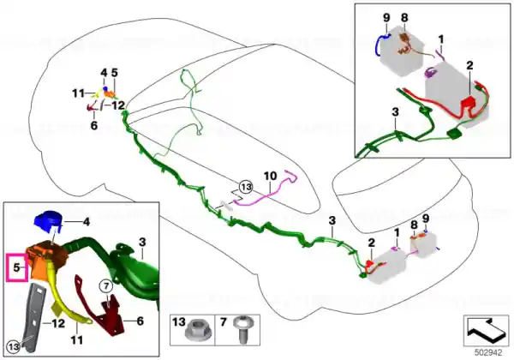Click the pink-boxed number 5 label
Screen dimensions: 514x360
16,267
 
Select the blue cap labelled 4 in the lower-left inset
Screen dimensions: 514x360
47,220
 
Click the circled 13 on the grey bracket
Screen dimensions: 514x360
13,346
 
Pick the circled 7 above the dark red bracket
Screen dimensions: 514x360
106,286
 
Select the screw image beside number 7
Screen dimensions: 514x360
243,329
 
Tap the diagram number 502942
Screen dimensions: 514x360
488,353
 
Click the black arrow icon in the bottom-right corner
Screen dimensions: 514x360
486,330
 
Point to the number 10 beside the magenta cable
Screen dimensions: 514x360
270,176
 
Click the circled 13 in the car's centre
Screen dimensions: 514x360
246,187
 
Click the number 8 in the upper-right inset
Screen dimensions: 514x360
404,18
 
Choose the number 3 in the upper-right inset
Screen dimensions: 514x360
395,111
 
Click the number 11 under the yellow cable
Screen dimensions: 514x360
77,339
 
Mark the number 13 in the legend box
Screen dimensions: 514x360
179,322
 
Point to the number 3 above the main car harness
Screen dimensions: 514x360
332,220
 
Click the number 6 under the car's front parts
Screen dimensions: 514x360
94,125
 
